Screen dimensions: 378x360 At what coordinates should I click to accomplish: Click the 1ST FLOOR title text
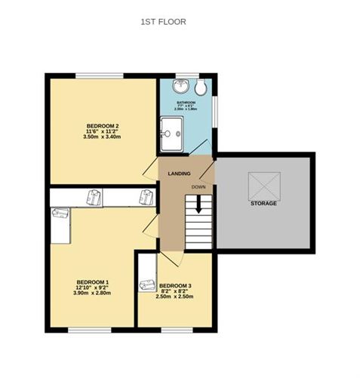coord(163,23)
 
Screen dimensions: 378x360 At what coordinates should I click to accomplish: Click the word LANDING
coord(178,174)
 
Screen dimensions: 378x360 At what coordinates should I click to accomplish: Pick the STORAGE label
coord(263,204)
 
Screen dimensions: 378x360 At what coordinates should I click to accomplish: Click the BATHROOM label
coord(186,102)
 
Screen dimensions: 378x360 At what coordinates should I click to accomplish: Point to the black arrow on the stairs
coord(198,204)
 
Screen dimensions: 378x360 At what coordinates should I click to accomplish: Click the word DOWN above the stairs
coord(198,186)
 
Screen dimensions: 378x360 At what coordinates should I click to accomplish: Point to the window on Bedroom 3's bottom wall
coord(179,330)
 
